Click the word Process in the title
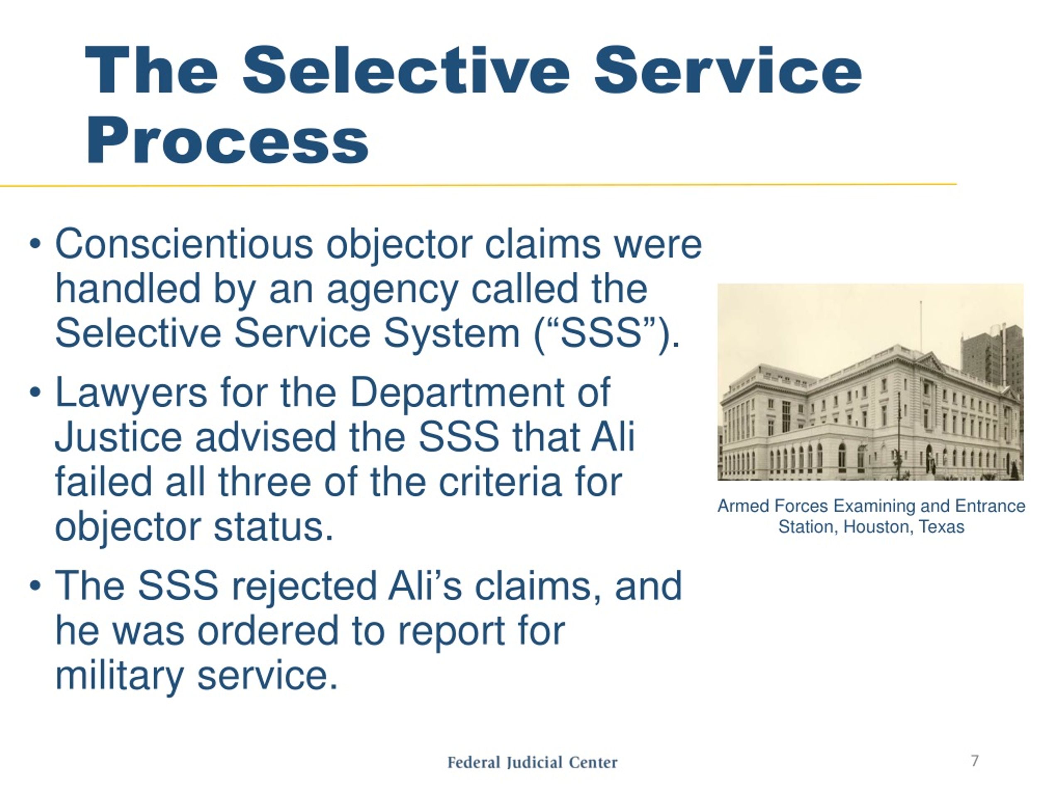click(227, 141)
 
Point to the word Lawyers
click(131, 393)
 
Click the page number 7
click(975, 760)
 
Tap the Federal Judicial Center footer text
click(532, 763)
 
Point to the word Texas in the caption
click(941, 527)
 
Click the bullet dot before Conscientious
click(34, 244)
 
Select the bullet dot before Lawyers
click(34, 393)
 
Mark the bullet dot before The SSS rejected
click(34, 586)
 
